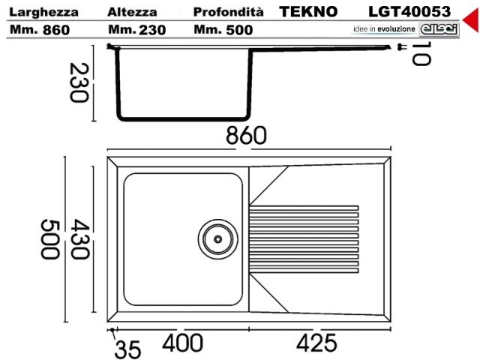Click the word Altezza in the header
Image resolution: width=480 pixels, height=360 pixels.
(x=131, y=12)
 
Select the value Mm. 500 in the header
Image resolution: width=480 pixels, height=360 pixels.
(x=223, y=30)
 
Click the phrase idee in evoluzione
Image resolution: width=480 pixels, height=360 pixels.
(x=383, y=28)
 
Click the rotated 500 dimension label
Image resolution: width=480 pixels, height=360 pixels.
(x=49, y=239)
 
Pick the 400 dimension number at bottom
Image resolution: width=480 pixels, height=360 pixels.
(x=182, y=343)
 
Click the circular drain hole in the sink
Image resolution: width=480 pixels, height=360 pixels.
(x=217, y=238)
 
